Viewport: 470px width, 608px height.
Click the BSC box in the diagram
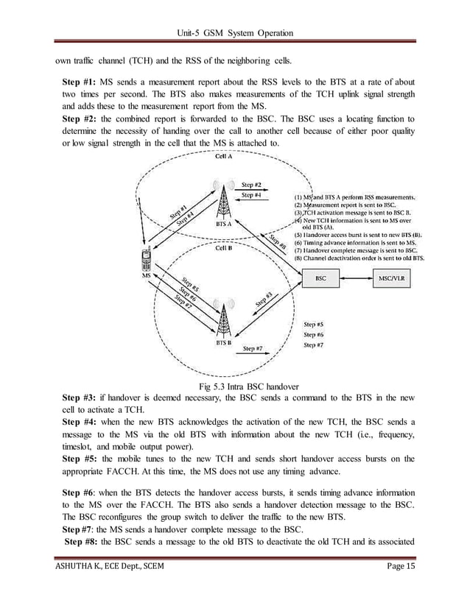coord(321,279)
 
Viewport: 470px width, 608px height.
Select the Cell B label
coord(224,248)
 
